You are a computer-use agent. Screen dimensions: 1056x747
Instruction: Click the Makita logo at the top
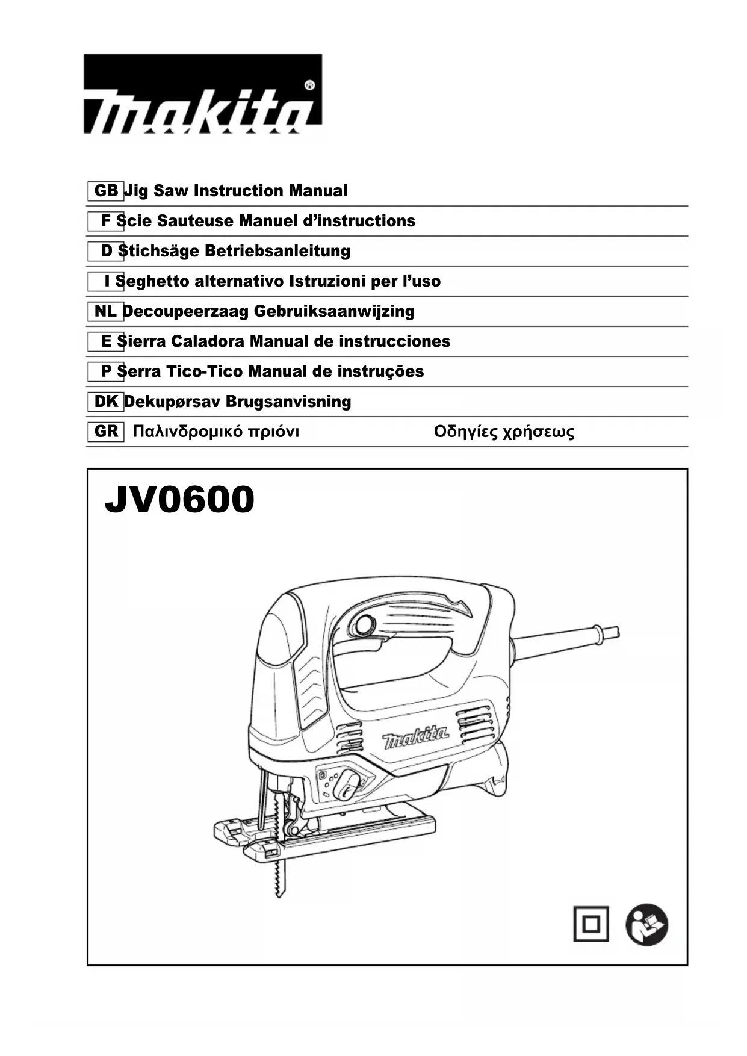(x=202, y=95)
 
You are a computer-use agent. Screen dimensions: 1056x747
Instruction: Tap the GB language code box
(x=106, y=191)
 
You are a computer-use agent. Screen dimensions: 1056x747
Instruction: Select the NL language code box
(x=105, y=311)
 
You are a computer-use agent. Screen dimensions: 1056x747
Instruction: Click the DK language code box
(x=106, y=402)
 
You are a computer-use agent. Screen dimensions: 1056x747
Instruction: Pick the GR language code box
(x=106, y=432)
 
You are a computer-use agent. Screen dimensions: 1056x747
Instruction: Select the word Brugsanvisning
(x=288, y=402)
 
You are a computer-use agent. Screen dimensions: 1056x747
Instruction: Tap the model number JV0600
(x=179, y=500)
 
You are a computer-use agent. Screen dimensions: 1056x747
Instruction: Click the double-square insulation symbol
(x=590, y=924)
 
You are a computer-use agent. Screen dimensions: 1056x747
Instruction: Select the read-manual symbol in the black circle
(x=646, y=924)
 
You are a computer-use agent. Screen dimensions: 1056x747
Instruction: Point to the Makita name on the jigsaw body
(x=415, y=736)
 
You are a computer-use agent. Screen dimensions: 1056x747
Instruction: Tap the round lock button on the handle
(x=364, y=626)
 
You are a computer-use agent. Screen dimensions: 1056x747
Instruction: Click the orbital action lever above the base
(x=346, y=783)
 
